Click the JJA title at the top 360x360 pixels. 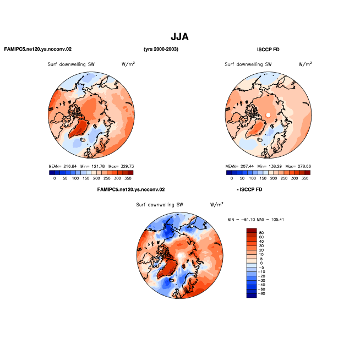pyautogui.click(x=179, y=37)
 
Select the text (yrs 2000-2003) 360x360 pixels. pyautogui.click(x=161, y=49)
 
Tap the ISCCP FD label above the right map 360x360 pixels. pyautogui.click(x=268, y=50)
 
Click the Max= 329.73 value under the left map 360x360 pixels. pyautogui.click(x=121, y=166)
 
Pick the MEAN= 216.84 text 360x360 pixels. pyautogui.click(x=62, y=166)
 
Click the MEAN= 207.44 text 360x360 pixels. pyautogui.click(x=239, y=166)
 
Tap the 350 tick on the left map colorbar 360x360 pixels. pyautogui.click(x=128, y=178)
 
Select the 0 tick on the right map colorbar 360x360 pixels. pyautogui.click(x=231, y=178)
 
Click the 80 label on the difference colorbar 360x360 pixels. pyautogui.click(x=261, y=233)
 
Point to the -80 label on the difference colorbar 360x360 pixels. pyautogui.click(x=261, y=293)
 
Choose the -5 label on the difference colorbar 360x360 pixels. pyautogui.click(x=261, y=268)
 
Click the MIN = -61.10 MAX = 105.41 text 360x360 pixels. pyautogui.click(x=256, y=220)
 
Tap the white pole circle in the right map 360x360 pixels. pyautogui.click(x=268, y=115)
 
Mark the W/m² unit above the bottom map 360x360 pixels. pyautogui.click(x=217, y=204)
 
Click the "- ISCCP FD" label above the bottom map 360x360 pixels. pyautogui.click(x=249, y=190)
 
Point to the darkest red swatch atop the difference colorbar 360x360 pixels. pyautogui.click(x=252, y=231)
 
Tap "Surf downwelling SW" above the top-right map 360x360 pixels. pyautogui.click(x=248, y=64)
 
